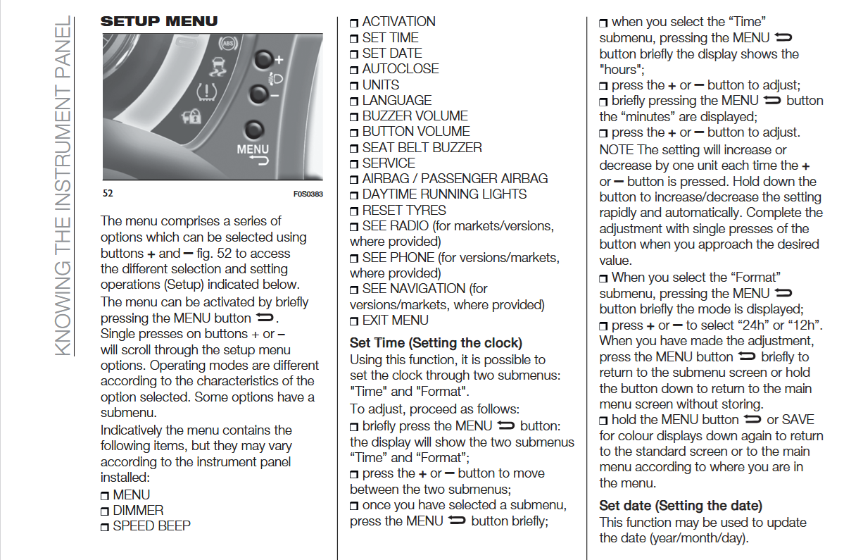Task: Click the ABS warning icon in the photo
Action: click(227, 44)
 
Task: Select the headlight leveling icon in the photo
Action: click(277, 77)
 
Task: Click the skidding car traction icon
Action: click(218, 68)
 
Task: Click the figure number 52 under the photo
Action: click(108, 194)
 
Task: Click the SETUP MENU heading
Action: click(159, 21)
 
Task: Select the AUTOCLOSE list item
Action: click(400, 69)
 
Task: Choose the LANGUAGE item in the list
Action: click(396, 101)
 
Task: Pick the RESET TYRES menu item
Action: click(404, 211)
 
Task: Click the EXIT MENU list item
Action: click(395, 321)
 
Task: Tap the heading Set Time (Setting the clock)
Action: click(436, 343)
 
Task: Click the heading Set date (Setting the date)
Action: click(681, 506)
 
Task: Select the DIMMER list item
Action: click(138, 511)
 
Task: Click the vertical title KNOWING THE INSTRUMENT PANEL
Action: click(63, 187)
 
